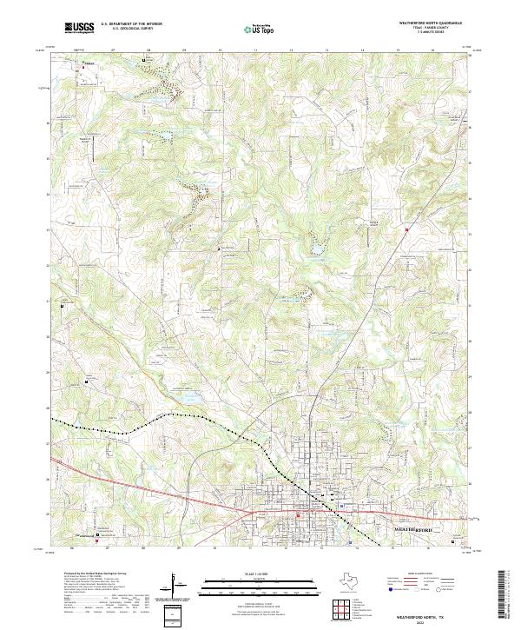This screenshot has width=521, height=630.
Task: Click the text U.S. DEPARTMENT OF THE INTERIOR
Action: point(132,25)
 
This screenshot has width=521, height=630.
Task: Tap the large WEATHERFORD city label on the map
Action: point(412,528)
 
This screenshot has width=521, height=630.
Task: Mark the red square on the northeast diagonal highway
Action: point(406,229)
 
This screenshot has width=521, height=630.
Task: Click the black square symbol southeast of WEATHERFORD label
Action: point(458,541)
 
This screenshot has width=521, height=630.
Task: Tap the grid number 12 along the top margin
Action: point(289,51)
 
